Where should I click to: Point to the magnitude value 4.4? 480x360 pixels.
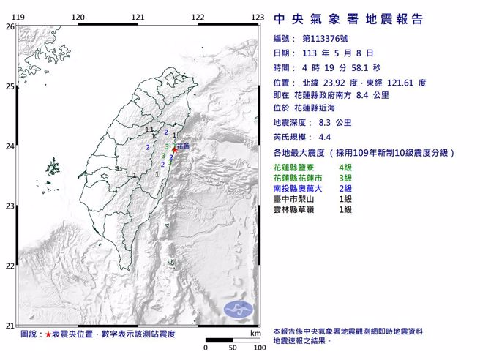point(324,138)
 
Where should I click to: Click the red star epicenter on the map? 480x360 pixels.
point(174,150)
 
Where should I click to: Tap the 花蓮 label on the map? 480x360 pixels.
point(183,146)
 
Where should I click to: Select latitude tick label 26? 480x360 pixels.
point(10,26)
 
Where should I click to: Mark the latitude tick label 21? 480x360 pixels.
point(10,326)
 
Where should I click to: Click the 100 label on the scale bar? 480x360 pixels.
point(258,348)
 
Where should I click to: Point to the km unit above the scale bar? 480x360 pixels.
point(255,334)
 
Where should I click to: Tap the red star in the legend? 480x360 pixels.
point(48,334)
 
